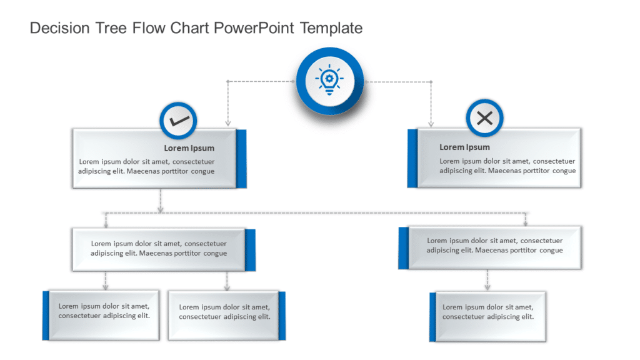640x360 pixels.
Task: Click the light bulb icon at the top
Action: pyautogui.click(x=329, y=81)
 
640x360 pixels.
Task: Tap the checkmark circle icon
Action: pyautogui.click(x=179, y=120)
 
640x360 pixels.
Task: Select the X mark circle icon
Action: pyautogui.click(x=484, y=118)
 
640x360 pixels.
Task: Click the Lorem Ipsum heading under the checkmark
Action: pyautogui.click(x=189, y=148)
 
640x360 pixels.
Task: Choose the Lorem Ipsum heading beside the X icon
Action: pyautogui.click(x=464, y=147)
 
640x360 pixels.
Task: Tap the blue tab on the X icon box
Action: pyautogui.click(x=412, y=158)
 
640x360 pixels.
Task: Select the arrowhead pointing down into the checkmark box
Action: pyautogui.click(x=227, y=124)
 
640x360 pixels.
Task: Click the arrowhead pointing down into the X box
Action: pyautogui.click(x=431, y=124)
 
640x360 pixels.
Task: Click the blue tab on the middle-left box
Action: pyautogui.click(x=250, y=250)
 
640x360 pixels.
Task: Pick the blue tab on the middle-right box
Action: pyautogui.click(x=403, y=247)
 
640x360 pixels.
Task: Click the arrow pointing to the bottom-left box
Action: pyautogui.click(x=106, y=286)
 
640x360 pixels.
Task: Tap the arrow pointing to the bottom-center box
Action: pyautogui.click(x=227, y=286)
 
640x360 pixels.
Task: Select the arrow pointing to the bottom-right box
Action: pyautogui.click(x=487, y=286)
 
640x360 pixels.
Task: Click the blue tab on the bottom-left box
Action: pyautogui.click(x=46, y=315)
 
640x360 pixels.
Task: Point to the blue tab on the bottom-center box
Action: pyautogui.click(x=282, y=316)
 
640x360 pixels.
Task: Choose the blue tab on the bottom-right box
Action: pyautogui.click(x=432, y=317)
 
